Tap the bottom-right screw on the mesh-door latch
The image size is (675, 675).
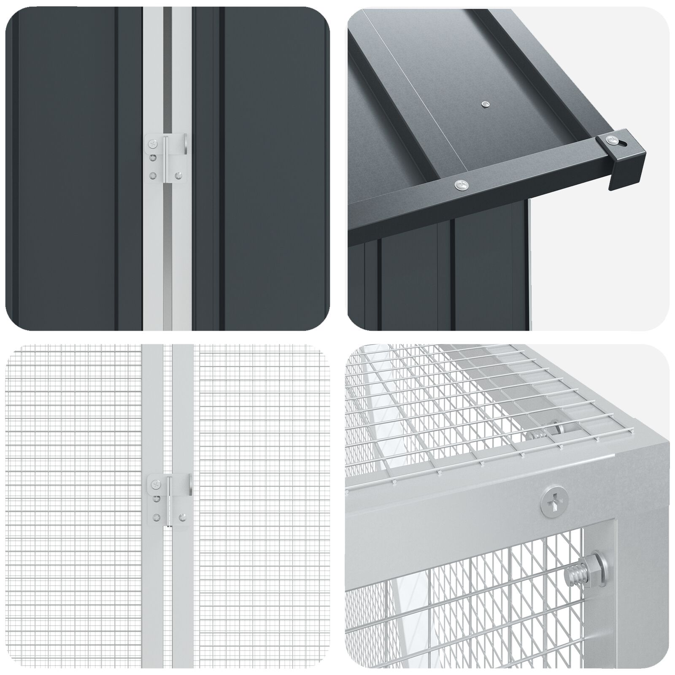(x=182, y=517)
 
